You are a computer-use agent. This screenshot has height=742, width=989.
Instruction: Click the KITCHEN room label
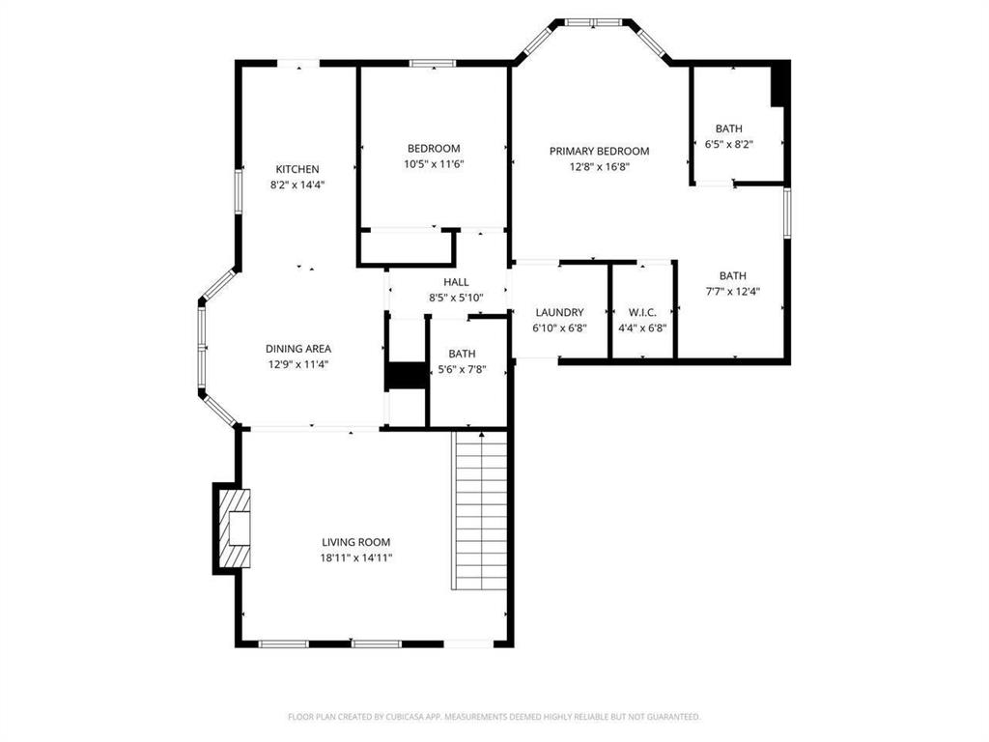click(297, 169)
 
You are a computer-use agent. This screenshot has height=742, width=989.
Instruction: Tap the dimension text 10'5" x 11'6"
click(433, 164)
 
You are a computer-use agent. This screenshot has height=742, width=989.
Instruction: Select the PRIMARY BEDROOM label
click(599, 151)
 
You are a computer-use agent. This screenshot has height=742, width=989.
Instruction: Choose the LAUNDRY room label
click(559, 312)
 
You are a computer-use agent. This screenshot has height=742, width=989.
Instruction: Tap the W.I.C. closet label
click(642, 312)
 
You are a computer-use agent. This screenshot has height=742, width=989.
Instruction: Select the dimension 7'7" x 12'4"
click(732, 291)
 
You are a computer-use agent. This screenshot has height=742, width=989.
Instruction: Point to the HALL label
click(456, 282)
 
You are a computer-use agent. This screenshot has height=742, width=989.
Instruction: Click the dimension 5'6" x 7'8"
click(462, 369)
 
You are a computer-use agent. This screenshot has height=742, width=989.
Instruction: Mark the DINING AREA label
click(298, 349)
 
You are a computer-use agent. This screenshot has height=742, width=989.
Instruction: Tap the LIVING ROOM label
click(356, 542)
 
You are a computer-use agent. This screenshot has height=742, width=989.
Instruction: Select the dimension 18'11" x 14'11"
click(356, 557)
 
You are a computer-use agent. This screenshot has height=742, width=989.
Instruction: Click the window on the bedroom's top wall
click(432, 64)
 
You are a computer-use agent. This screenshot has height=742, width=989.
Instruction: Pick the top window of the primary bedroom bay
click(593, 21)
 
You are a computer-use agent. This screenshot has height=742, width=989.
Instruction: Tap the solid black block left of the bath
click(406, 376)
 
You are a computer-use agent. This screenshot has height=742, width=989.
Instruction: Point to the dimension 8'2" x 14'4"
click(297, 185)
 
